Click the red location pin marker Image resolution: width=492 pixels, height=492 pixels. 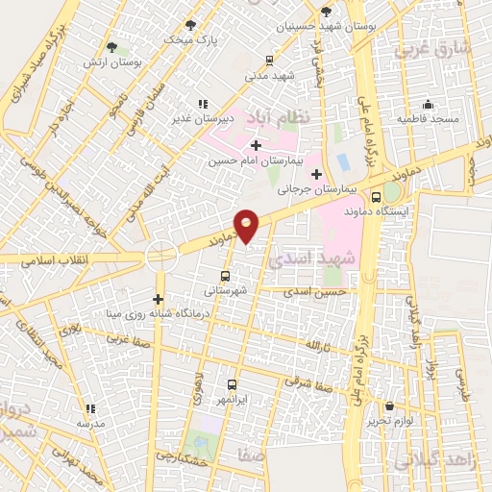[x=247, y=224]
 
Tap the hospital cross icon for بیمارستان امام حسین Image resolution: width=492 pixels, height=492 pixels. [x=256, y=145]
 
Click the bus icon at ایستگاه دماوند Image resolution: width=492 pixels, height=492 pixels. [x=388, y=192]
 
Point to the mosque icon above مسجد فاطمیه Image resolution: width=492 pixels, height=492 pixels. [x=429, y=105]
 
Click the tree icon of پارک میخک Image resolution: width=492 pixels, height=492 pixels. [x=189, y=25]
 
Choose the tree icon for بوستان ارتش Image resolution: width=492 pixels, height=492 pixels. [x=112, y=46]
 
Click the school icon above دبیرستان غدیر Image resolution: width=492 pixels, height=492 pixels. [x=202, y=103]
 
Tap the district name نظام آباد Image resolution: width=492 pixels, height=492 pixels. [x=277, y=116]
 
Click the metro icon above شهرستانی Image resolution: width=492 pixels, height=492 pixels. [x=225, y=274]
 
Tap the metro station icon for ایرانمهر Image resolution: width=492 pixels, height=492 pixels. [x=231, y=383]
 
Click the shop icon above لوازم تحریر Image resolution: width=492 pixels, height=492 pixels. [x=389, y=406]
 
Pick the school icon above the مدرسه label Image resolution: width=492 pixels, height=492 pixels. [x=90, y=408]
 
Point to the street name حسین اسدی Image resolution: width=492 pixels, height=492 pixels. [x=320, y=290]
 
